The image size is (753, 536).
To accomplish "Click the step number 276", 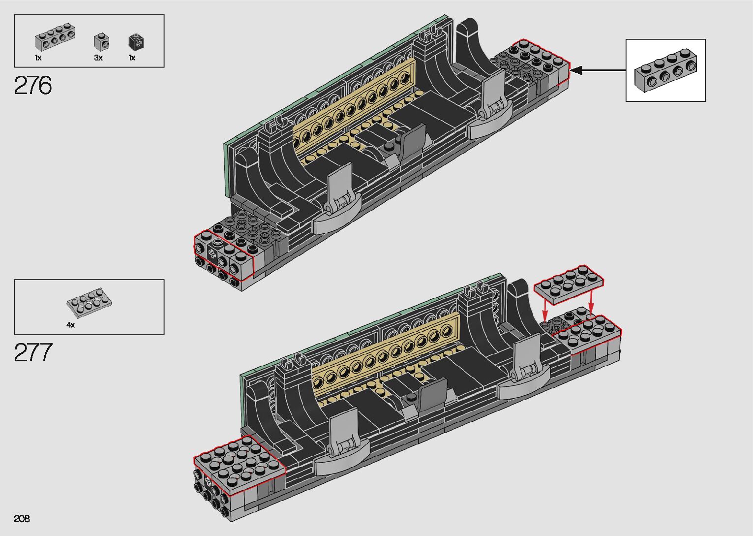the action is [x=33, y=85].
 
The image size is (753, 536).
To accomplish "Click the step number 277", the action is [x=33, y=352].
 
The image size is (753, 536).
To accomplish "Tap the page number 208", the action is [x=22, y=518].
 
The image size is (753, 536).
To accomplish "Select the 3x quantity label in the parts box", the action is [x=98, y=58].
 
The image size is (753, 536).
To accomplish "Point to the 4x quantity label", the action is [x=71, y=325].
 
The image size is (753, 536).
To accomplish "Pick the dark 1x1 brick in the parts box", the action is [x=136, y=42].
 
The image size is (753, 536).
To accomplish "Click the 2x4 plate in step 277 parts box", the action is [x=89, y=303].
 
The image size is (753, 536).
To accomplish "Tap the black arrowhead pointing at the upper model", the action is [x=576, y=71].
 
